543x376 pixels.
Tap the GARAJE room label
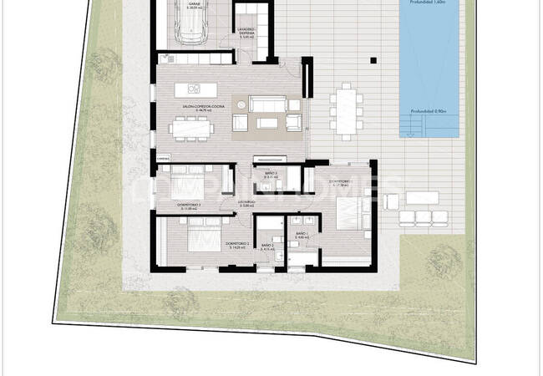(194, 5)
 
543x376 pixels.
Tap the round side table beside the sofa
(241, 105)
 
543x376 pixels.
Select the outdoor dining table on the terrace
(346, 109)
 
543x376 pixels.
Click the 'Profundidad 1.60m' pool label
(429, 3)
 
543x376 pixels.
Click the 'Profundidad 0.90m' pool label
(429, 111)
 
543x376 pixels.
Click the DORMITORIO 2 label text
(237, 244)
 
